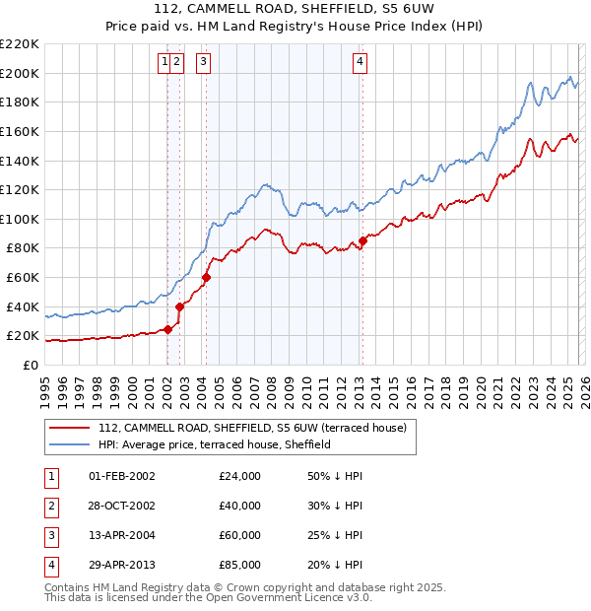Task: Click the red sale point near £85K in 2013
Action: pyautogui.click(x=362, y=240)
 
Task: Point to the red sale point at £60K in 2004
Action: pyautogui.click(x=206, y=277)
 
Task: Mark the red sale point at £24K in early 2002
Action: pyautogui.click(x=167, y=329)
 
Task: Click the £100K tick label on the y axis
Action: pyautogui.click(x=21, y=219)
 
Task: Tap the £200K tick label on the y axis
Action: pyautogui.click(x=21, y=73)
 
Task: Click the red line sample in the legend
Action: pyautogui.click(x=69, y=429)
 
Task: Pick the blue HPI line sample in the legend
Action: pyautogui.click(x=69, y=444)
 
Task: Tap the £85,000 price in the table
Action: pyautogui.click(x=240, y=565)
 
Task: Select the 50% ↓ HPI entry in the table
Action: pyautogui.click(x=335, y=476)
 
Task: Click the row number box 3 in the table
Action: pyautogui.click(x=49, y=535)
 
